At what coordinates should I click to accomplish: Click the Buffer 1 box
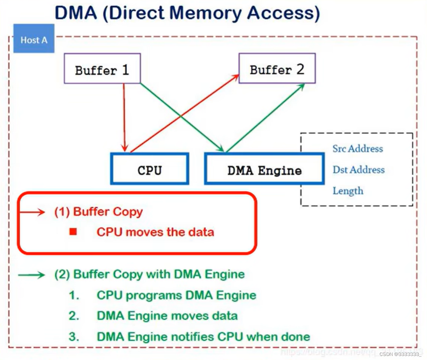click(102, 69)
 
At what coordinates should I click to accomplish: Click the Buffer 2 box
click(277, 68)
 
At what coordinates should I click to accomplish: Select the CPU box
click(150, 169)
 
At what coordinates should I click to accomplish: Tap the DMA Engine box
click(264, 169)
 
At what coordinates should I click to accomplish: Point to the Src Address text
click(357, 149)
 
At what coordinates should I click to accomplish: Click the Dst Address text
click(358, 170)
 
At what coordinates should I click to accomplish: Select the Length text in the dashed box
click(348, 191)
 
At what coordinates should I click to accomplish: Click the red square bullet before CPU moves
click(73, 232)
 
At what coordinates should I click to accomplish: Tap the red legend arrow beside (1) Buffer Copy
click(32, 212)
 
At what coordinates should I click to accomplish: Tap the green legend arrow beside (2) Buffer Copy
click(32, 275)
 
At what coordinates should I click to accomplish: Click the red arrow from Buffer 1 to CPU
click(124, 118)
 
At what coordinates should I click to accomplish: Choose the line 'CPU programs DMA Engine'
click(176, 295)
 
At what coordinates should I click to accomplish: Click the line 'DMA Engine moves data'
click(167, 316)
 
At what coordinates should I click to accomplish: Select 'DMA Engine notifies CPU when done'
click(203, 336)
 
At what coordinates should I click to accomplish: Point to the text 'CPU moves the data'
click(155, 232)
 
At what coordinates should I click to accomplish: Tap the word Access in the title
click(281, 13)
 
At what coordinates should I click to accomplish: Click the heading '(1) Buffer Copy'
click(99, 212)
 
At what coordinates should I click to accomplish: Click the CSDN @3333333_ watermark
click(401, 354)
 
